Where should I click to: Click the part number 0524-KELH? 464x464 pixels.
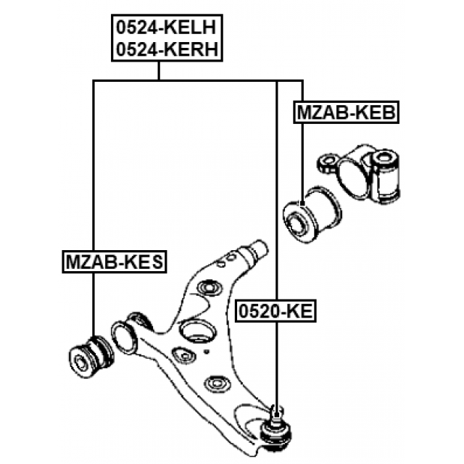[x=166, y=28]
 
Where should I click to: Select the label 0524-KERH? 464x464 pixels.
[x=166, y=49]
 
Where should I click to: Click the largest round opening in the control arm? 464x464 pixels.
[x=196, y=332]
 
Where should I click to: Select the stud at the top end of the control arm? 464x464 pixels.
[x=256, y=251]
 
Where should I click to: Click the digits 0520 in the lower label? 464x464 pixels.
[x=258, y=312]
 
